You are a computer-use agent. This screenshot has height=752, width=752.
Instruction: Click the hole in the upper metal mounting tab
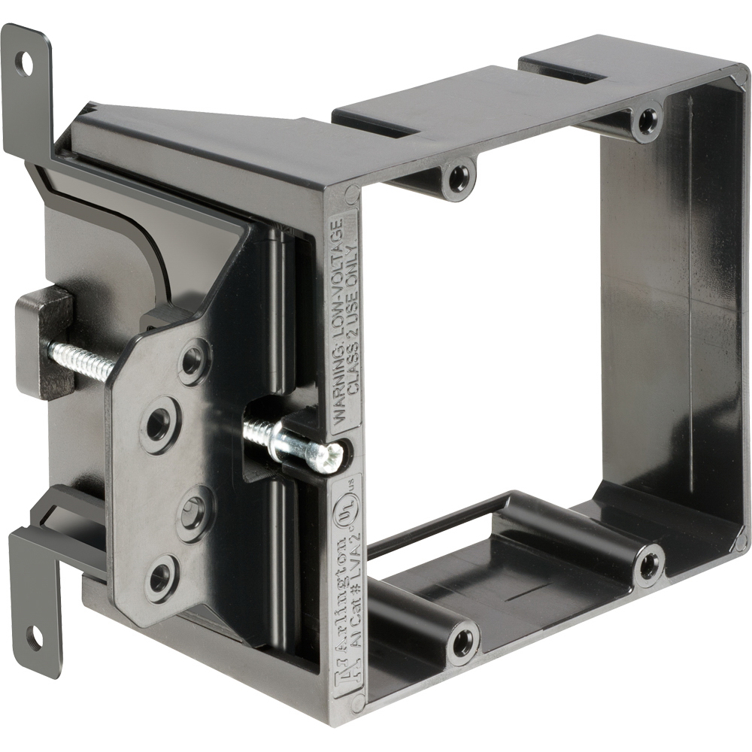point(27,63)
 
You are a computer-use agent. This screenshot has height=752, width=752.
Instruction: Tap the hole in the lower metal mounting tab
point(35,639)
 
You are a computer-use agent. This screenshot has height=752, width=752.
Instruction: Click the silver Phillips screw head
point(328,456)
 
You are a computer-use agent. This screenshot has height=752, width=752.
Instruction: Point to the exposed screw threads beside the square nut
point(80,359)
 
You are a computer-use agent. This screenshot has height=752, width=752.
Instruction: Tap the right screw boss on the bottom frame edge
point(648,565)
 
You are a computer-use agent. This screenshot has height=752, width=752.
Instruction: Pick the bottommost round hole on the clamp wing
point(161,578)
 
